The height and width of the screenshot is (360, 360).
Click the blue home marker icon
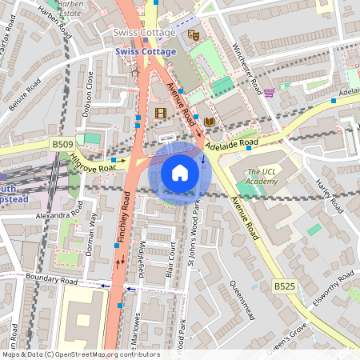tap(180, 172)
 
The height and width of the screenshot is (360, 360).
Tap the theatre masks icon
tap(192, 34)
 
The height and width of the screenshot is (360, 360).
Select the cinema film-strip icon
tap(160, 113)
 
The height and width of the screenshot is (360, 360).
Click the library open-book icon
tap(210, 121)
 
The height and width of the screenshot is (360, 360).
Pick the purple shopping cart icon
tap(269, 92)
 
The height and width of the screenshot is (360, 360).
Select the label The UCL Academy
tap(265, 177)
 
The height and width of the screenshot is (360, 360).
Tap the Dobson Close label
tap(89, 94)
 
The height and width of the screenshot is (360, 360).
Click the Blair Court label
tap(170, 260)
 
